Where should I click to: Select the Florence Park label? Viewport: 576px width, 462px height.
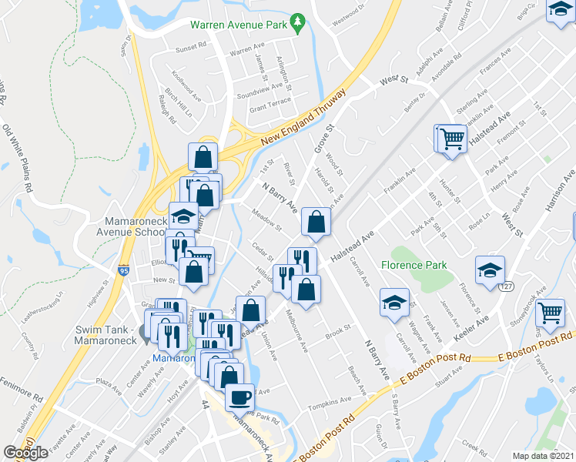click(x=414, y=266)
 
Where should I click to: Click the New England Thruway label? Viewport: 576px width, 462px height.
click(x=301, y=119)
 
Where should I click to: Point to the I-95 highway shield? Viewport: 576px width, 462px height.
click(x=124, y=270)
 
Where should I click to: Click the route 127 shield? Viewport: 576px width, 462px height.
click(x=505, y=286)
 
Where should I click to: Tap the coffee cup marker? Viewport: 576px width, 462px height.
click(x=239, y=397)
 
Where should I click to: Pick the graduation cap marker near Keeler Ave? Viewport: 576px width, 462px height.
click(x=490, y=270)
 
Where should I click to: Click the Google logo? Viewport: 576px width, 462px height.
click(x=26, y=453)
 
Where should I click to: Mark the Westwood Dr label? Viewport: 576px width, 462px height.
click(x=343, y=13)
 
